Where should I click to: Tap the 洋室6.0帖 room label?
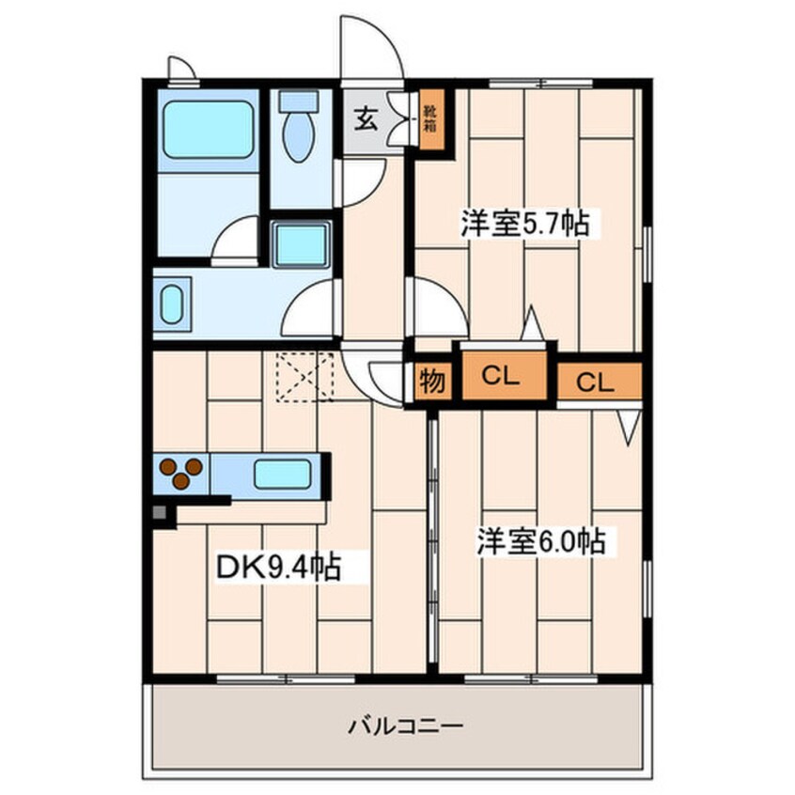click(538, 542)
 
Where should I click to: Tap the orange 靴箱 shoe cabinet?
click(429, 117)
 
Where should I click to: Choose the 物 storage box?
click(431, 381)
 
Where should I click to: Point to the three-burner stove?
click(180, 473)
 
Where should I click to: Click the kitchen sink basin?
click(282, 473)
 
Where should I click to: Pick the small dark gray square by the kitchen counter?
click(159, 514)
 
